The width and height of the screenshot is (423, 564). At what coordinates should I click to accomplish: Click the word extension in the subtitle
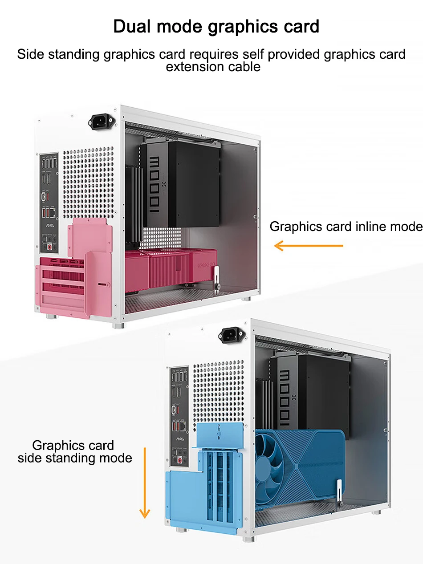click(195, 67)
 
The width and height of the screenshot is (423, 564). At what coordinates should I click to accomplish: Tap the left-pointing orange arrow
click(308, 245)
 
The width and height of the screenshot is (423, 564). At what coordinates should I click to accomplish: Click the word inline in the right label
click(372, 227)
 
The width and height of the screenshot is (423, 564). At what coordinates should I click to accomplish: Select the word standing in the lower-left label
click(74, 458)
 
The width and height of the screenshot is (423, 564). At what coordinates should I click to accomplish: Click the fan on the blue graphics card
click(277, 463)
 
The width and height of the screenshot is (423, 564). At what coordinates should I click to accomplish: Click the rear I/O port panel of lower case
click(179, 414)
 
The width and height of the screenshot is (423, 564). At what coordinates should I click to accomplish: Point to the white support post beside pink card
click(216, 279)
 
